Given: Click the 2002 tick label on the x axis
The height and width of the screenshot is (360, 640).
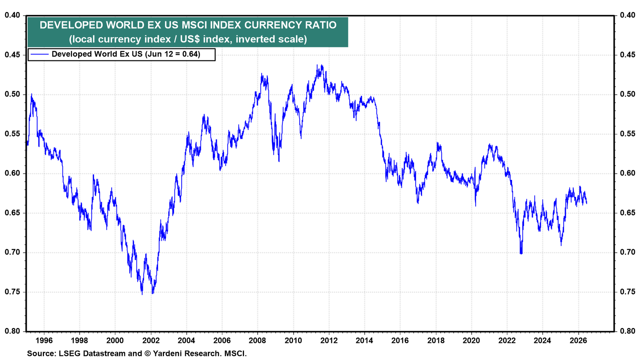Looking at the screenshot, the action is point(150,340).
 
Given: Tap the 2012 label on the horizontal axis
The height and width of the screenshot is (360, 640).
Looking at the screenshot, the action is point(329,340).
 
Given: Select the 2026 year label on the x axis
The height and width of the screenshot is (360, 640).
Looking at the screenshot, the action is point(578,340).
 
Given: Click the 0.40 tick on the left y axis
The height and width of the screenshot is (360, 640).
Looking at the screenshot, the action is point(12,15).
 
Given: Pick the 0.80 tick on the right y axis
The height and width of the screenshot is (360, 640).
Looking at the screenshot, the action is point(628,332).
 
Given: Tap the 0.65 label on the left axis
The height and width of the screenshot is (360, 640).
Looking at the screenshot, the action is point(12,213).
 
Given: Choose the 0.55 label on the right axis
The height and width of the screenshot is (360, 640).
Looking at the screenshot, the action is point(628,134).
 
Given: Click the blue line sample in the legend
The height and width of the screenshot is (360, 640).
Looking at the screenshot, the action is point(40,54).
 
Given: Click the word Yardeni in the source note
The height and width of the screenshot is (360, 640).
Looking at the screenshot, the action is point(167,354).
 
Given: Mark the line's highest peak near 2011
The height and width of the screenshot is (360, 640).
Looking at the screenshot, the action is point(317,65).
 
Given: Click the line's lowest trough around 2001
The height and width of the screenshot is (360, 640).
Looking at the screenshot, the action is point(142,294).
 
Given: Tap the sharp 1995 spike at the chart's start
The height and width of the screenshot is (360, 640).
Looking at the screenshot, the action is point(32,94).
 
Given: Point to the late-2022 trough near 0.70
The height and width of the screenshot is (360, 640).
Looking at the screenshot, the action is point(521,254).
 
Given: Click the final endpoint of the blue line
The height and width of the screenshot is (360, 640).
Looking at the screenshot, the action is point(586,203).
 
